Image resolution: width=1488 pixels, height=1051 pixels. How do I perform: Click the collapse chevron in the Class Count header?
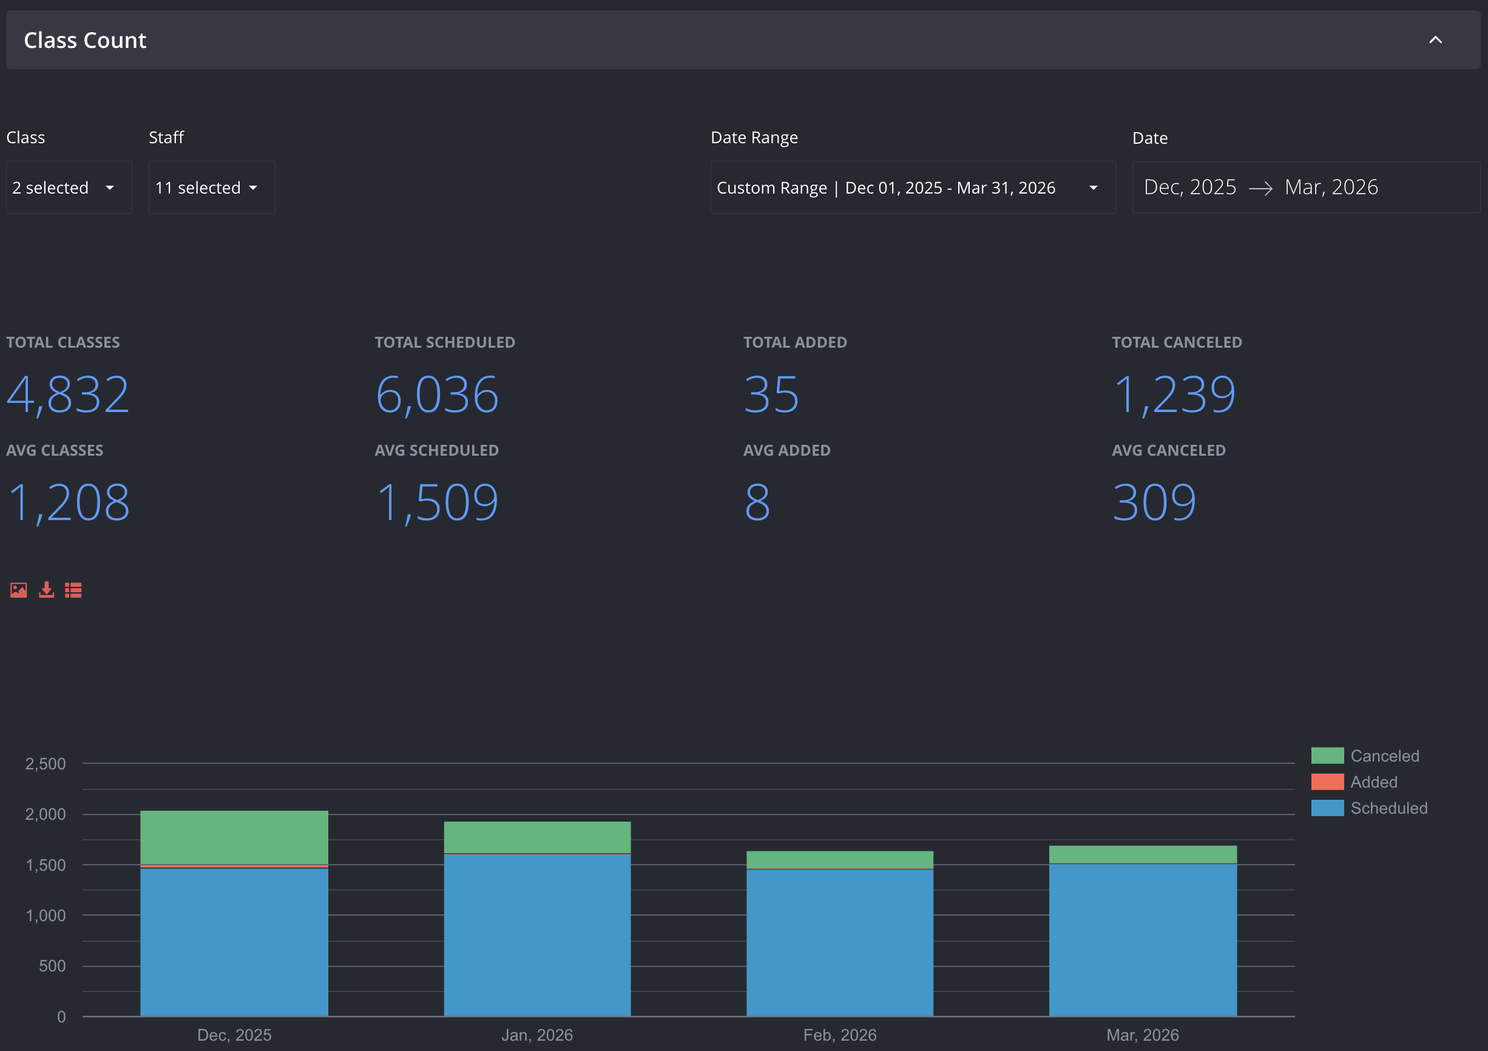click(1435, 40)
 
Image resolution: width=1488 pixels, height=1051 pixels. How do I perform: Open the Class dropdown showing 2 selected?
click(69, 188)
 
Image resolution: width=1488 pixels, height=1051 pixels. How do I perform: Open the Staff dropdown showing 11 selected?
click(212, 188)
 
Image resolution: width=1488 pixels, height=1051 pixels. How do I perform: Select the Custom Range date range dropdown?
click(913, 188)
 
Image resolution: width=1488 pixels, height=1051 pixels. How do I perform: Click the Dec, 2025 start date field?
click(1190, 188)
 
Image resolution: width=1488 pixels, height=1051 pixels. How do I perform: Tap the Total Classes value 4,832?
click(68, 394)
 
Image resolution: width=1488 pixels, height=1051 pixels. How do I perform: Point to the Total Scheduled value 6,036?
click(438, 394)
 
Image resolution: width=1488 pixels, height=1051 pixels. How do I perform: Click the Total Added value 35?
click(771, 394)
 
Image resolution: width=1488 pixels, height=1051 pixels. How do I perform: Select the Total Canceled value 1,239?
click(1174, 394)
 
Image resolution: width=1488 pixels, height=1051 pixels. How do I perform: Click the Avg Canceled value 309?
click(1154, 502)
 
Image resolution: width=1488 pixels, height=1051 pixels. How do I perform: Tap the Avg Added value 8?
click(757, 502)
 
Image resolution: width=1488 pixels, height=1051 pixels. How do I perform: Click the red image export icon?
click(19, 590)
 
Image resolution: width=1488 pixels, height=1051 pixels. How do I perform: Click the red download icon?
click(47, 590)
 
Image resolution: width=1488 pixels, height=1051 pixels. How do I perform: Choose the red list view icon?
click(73, 590)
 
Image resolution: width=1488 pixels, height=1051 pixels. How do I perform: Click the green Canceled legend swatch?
click(1327, 755)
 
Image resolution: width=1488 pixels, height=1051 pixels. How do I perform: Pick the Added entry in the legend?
click(1373, 782)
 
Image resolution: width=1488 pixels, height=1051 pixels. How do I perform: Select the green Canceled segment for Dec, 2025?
click(235, 837)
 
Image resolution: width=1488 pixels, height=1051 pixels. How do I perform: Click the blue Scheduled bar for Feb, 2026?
click(840, 943)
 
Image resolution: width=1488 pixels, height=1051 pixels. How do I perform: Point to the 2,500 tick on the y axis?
click(46, 764)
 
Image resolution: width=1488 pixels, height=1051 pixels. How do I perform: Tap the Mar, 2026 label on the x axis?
click(1143, 1035)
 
